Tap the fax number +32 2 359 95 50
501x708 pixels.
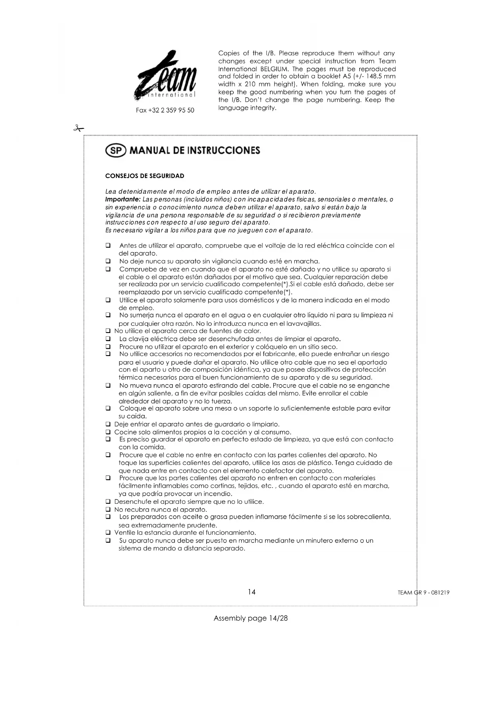[x=165, y=110]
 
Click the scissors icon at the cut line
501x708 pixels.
[x=78, y=129]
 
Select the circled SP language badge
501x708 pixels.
[x=115, y=151]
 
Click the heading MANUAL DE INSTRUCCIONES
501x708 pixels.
[x=195, y=151]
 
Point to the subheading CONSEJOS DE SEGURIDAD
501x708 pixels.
[x=145, y=176]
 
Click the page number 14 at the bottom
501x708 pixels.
[x=252, y=592]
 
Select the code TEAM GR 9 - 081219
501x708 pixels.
[x=423, y=593]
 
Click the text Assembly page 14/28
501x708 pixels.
[x=250, y=618]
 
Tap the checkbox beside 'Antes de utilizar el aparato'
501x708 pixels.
[x=108, y=245]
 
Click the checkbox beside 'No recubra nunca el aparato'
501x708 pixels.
[x=108, y=509]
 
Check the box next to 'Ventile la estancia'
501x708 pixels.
[x=108, y=533]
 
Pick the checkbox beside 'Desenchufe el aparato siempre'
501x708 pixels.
[x=108, y=502]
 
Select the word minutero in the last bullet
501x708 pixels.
[x=319, y=540]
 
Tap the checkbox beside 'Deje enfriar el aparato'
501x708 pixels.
[x=108, y=424]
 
